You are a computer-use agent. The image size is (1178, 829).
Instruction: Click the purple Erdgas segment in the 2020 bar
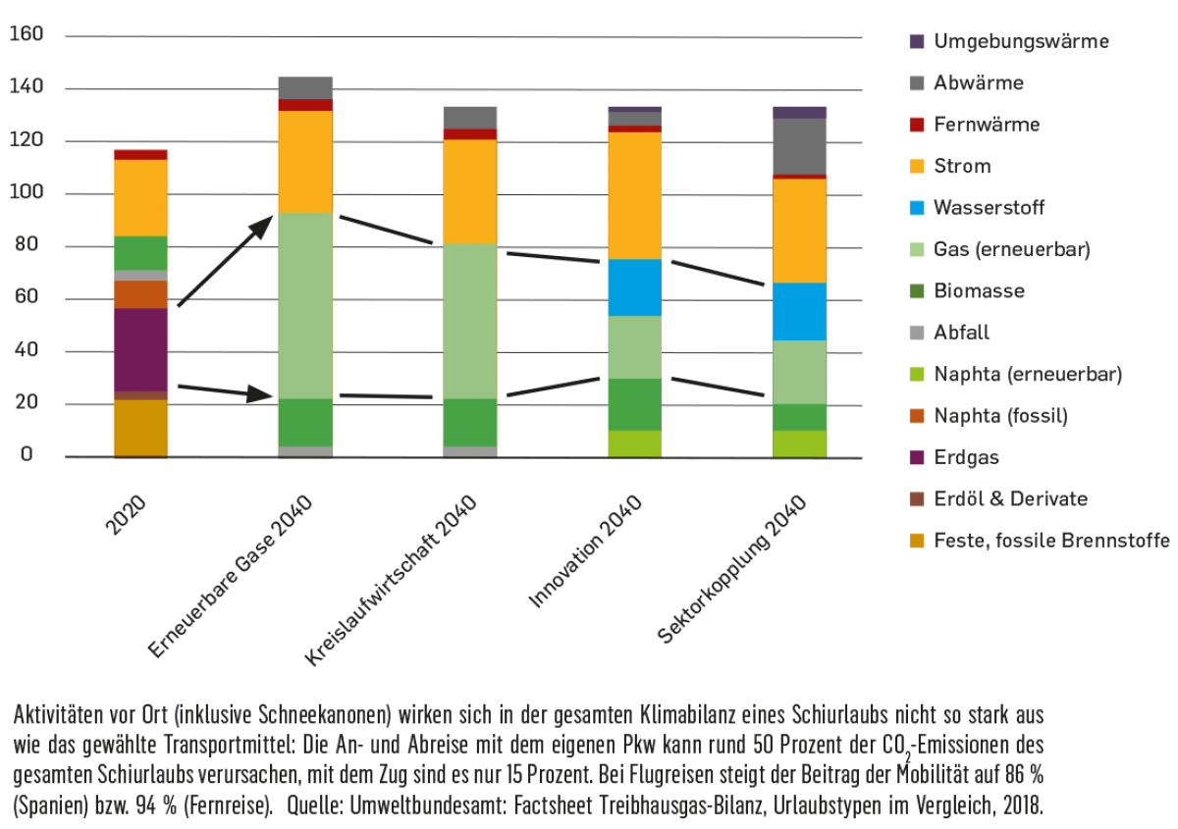[x=140, y=349]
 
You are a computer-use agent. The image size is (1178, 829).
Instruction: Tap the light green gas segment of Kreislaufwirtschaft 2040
[x=469, y=321]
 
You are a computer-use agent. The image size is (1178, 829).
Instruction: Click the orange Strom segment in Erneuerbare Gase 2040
[x=305, y=162]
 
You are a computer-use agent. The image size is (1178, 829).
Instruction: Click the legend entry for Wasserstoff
[x=989, y=208]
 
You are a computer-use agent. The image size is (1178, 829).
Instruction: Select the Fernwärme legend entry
[x=987, y=125]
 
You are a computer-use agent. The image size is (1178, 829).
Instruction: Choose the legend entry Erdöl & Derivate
[x=1010, y=498]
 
